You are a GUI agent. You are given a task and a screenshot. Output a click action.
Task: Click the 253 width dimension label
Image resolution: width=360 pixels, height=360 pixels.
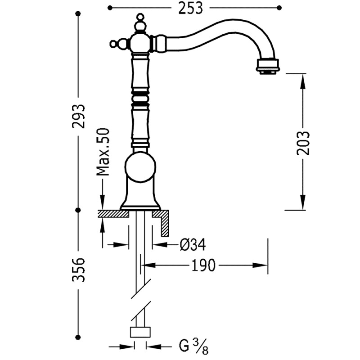tap(190, 8)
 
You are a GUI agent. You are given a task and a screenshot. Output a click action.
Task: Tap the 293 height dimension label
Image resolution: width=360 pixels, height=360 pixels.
tap(79, 116)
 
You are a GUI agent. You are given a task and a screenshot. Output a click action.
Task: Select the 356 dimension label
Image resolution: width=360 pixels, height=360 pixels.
tap(79, 270)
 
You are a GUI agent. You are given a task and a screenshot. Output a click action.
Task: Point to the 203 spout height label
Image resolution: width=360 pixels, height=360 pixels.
tap(303, 143)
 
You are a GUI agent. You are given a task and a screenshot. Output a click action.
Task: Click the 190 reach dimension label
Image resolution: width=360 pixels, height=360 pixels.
tap(204, 265)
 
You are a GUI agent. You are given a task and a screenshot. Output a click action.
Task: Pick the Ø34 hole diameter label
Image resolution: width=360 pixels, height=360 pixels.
tap(193, 245)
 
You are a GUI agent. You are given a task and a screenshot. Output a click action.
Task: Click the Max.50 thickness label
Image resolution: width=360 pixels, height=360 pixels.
tap(103, 152)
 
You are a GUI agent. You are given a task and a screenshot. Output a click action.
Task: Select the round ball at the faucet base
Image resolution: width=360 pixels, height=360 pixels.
tap(140, 167)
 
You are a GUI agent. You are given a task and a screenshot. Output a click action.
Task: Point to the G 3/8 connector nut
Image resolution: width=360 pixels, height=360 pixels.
tap(140, 333)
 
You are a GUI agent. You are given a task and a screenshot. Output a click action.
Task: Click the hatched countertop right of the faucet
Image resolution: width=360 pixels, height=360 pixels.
tap(163, 220)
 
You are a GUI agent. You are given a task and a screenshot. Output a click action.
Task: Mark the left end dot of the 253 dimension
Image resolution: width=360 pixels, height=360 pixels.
tap(110, 7)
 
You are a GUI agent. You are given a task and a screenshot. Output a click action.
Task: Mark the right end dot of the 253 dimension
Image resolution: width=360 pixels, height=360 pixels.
tap(279, 7)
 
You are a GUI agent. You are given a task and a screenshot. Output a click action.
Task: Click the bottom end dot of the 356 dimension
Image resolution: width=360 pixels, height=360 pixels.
tap(78, 337)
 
